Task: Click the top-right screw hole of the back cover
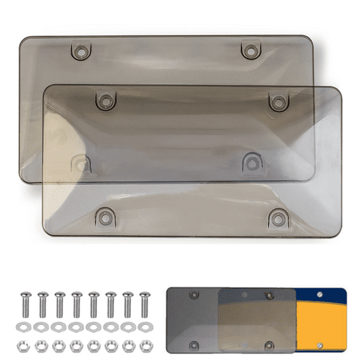tap(250, 50)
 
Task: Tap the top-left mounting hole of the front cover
tap(105, 100)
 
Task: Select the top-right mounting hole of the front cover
tap(276, 100)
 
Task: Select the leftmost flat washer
tap(26, 326)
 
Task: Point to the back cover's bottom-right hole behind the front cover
tap(250, 163)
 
